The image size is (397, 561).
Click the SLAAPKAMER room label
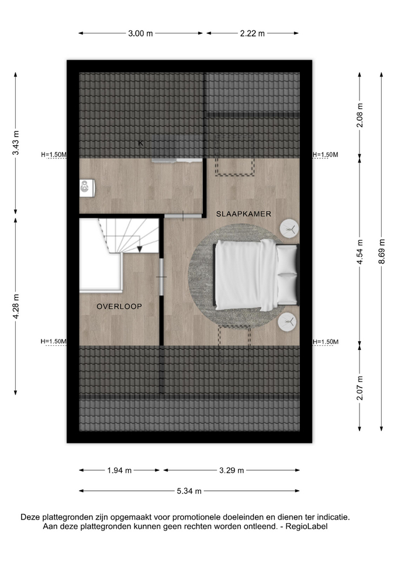click(243, 214)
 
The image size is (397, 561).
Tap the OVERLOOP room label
click(119, 306)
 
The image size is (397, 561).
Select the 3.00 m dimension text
click(140, 33)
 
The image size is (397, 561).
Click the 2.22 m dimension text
click(253, 33)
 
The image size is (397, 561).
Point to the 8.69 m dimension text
click(382, 251)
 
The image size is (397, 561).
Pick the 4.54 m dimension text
click(360, 251)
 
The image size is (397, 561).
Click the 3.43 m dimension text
click(16, 143)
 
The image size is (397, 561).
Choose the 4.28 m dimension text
click(16, 306)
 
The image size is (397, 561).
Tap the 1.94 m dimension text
click(119, 470)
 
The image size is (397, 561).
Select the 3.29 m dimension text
click(232, 470)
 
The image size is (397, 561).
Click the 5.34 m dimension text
click(189, 491)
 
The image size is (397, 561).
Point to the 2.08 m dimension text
click(360, 115)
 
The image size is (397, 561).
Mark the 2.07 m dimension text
click(360, 388)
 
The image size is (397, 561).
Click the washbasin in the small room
click(87, 188)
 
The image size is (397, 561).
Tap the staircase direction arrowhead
click(140, 249)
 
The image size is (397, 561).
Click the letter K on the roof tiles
click(141, 143)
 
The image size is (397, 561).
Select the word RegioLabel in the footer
click(306, 527)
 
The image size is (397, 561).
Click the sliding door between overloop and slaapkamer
click(161, 276)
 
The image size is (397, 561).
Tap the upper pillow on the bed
click(287, 259)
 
